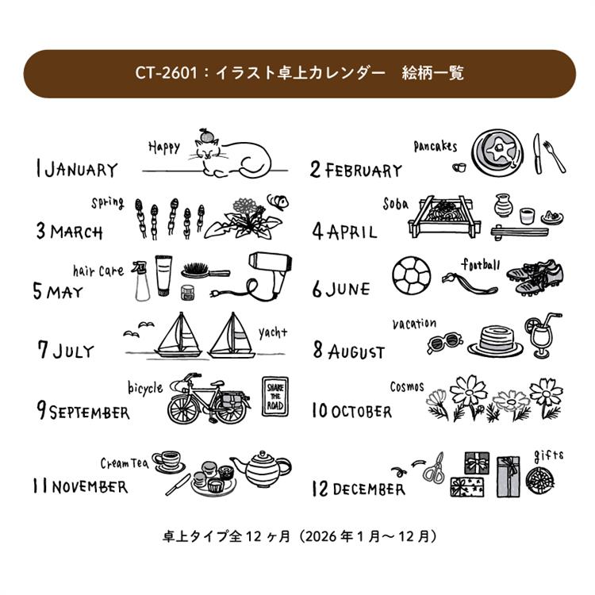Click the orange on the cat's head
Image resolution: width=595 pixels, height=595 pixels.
(x=206, y=135)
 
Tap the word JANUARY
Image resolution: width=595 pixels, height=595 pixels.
(x=81, y=169)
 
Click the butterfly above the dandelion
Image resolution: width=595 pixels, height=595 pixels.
(x=278, y=202)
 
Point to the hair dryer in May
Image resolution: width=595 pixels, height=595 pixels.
(x=266, y=277)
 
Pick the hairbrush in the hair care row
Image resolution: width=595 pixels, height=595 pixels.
(x=205, y=271)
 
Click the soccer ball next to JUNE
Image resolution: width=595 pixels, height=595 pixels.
(x=411, y=276)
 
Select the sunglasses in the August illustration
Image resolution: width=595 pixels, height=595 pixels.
(x=444, y=343)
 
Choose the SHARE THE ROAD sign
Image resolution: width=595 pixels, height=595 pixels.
(x=275, y=397)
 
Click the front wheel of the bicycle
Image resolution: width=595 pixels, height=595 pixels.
(x=183, y=410)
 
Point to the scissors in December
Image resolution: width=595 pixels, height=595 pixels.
(x=435, y=469)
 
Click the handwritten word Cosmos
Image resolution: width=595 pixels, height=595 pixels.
(x=407, y=386)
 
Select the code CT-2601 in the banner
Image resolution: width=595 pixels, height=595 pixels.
(x=167, y=72)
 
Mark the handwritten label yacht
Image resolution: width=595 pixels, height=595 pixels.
(x=272, y=332)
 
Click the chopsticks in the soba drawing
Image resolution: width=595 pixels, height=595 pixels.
(x=520, y=232)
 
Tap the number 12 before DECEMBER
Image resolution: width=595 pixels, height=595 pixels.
(x=320, y=489)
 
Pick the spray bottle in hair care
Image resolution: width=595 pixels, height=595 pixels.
(x=140, y=281)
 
